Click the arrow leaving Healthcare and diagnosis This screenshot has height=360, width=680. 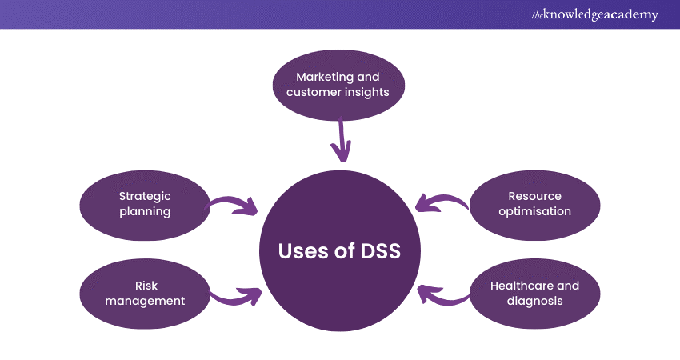(442, 296)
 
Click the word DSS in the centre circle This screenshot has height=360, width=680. (374, 250)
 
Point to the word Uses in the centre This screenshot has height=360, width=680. (302, 250)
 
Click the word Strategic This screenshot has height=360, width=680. (145, 196)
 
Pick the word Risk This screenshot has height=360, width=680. (145, 286)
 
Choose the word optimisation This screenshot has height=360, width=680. (535, 211)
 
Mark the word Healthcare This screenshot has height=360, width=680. (523, 286)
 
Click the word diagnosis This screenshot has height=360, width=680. (535, 301)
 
